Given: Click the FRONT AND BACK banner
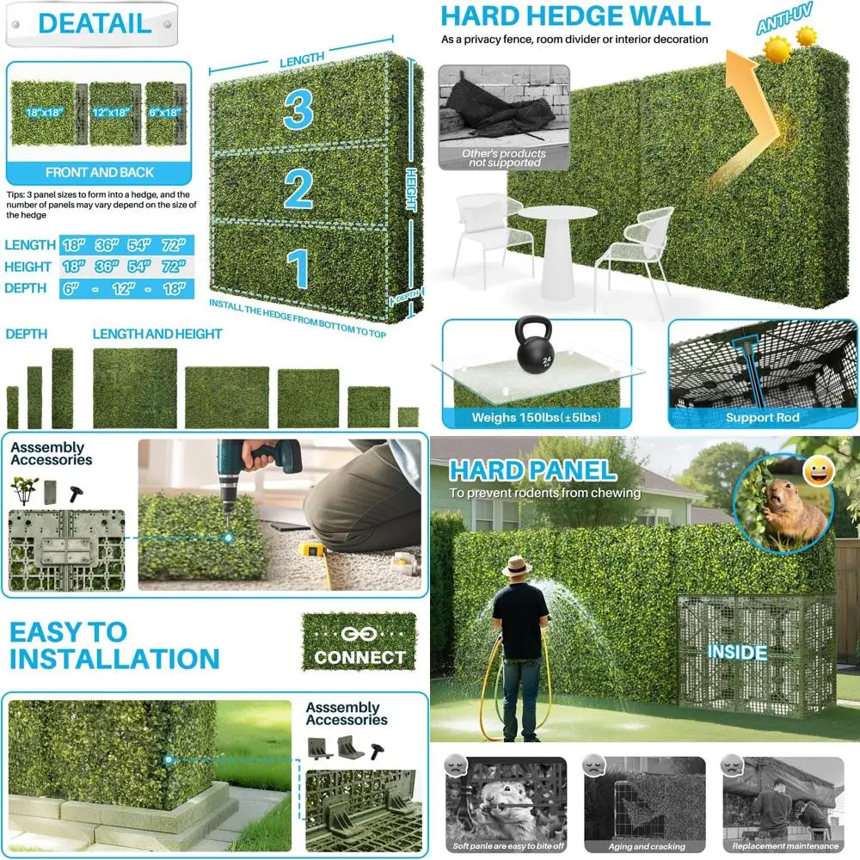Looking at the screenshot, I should [100, 173].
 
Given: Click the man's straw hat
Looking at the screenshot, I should [517, 566].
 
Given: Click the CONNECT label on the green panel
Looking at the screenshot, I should [359, 657].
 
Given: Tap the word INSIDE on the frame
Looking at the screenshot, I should [737, 652].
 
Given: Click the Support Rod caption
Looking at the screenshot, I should [762, 418].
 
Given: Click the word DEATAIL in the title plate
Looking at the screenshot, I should [95, 23].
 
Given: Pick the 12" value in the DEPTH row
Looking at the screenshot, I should [122, 289].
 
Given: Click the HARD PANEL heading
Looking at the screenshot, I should [532, 470].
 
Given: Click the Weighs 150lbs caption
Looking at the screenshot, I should [536, 418].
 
